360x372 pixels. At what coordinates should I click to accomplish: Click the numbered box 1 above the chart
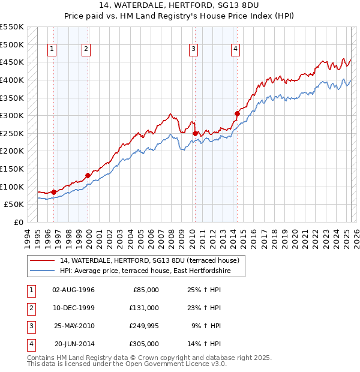[x=52, y=50]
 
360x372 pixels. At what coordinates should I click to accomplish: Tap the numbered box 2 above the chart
[x=86, y=50]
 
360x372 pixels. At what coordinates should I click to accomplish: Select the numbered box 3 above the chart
[x=194, y=50]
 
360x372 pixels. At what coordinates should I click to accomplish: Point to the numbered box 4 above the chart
[x=236, y=50]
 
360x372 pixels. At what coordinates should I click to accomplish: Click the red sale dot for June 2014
[x=238, y=113]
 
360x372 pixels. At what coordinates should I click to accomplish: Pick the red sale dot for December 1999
[x=88, y=175]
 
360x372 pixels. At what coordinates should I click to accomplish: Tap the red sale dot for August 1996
[x=53, y=192]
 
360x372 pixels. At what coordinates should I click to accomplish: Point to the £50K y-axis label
[x=14, y=204]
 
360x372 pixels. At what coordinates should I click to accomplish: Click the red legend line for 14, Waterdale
[x=43, y=260]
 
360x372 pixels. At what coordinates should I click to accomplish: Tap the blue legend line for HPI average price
[x=43, y=271]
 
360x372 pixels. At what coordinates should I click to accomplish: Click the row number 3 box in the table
[x=31, y=326]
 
